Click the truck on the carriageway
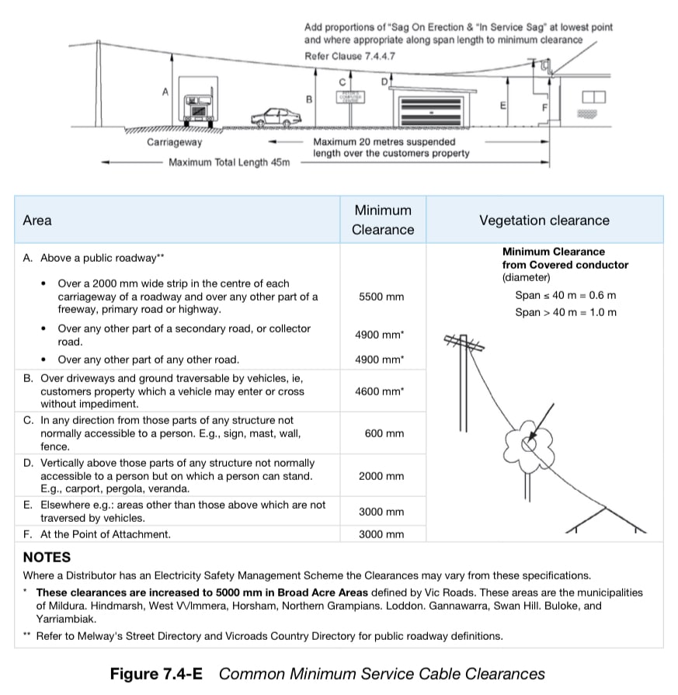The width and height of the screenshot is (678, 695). point(197,102)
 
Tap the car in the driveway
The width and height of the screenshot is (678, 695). point(276,117)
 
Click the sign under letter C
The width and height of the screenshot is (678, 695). point(349,97)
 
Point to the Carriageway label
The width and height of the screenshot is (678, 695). point(174,142)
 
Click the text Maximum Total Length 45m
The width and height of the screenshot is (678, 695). point(229,162)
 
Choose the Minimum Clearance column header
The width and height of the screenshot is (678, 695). point(383,220)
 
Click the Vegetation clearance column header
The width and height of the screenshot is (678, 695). point(544,221)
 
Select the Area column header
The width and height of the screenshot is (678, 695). point(37,221)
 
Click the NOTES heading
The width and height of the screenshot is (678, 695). point(47,557)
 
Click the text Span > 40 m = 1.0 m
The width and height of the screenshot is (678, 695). point(565,312)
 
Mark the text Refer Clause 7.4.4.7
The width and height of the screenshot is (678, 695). point(349,56)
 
